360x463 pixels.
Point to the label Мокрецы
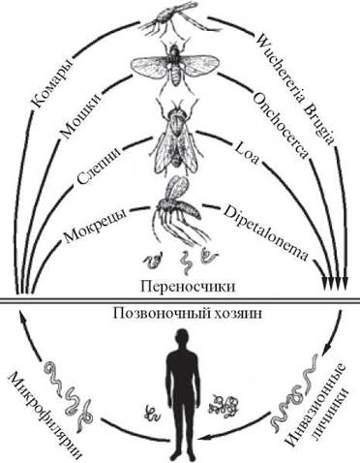[96, 226]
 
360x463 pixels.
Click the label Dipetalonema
[265, 231]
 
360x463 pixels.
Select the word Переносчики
[188, 287]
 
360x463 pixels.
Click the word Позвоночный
[163, 313]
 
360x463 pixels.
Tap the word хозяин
[238, 313]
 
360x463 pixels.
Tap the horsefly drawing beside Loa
[177, 136]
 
